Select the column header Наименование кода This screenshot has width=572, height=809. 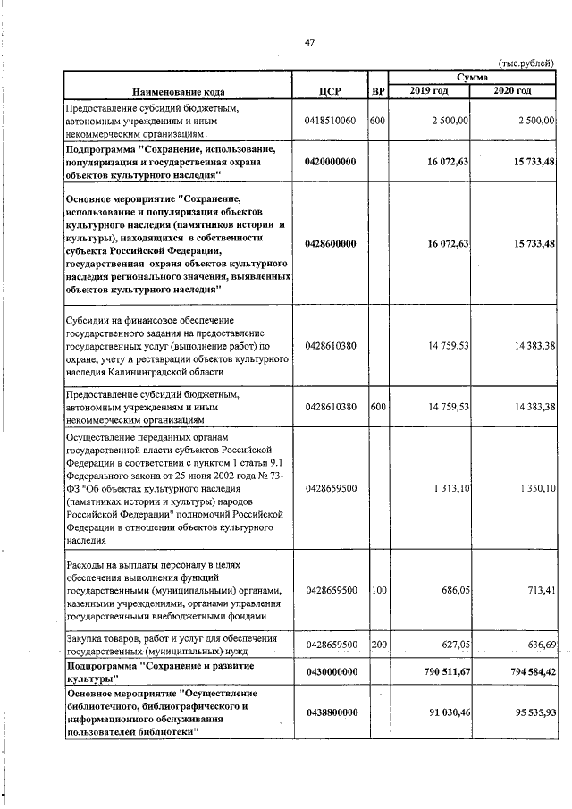(179, 91)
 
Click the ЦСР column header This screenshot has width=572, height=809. (331, 91)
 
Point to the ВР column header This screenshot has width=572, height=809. (377, 91)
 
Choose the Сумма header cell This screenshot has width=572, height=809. (473, 79)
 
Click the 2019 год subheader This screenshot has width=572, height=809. (430, 91)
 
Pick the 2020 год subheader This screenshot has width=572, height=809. (515, 91)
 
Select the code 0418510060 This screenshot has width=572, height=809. (331, 120)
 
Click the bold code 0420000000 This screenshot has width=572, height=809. (331, 161)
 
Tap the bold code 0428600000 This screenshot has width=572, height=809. (331, 243)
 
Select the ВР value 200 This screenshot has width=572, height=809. (377, 645)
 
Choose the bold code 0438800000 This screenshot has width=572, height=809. (331, 712)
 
